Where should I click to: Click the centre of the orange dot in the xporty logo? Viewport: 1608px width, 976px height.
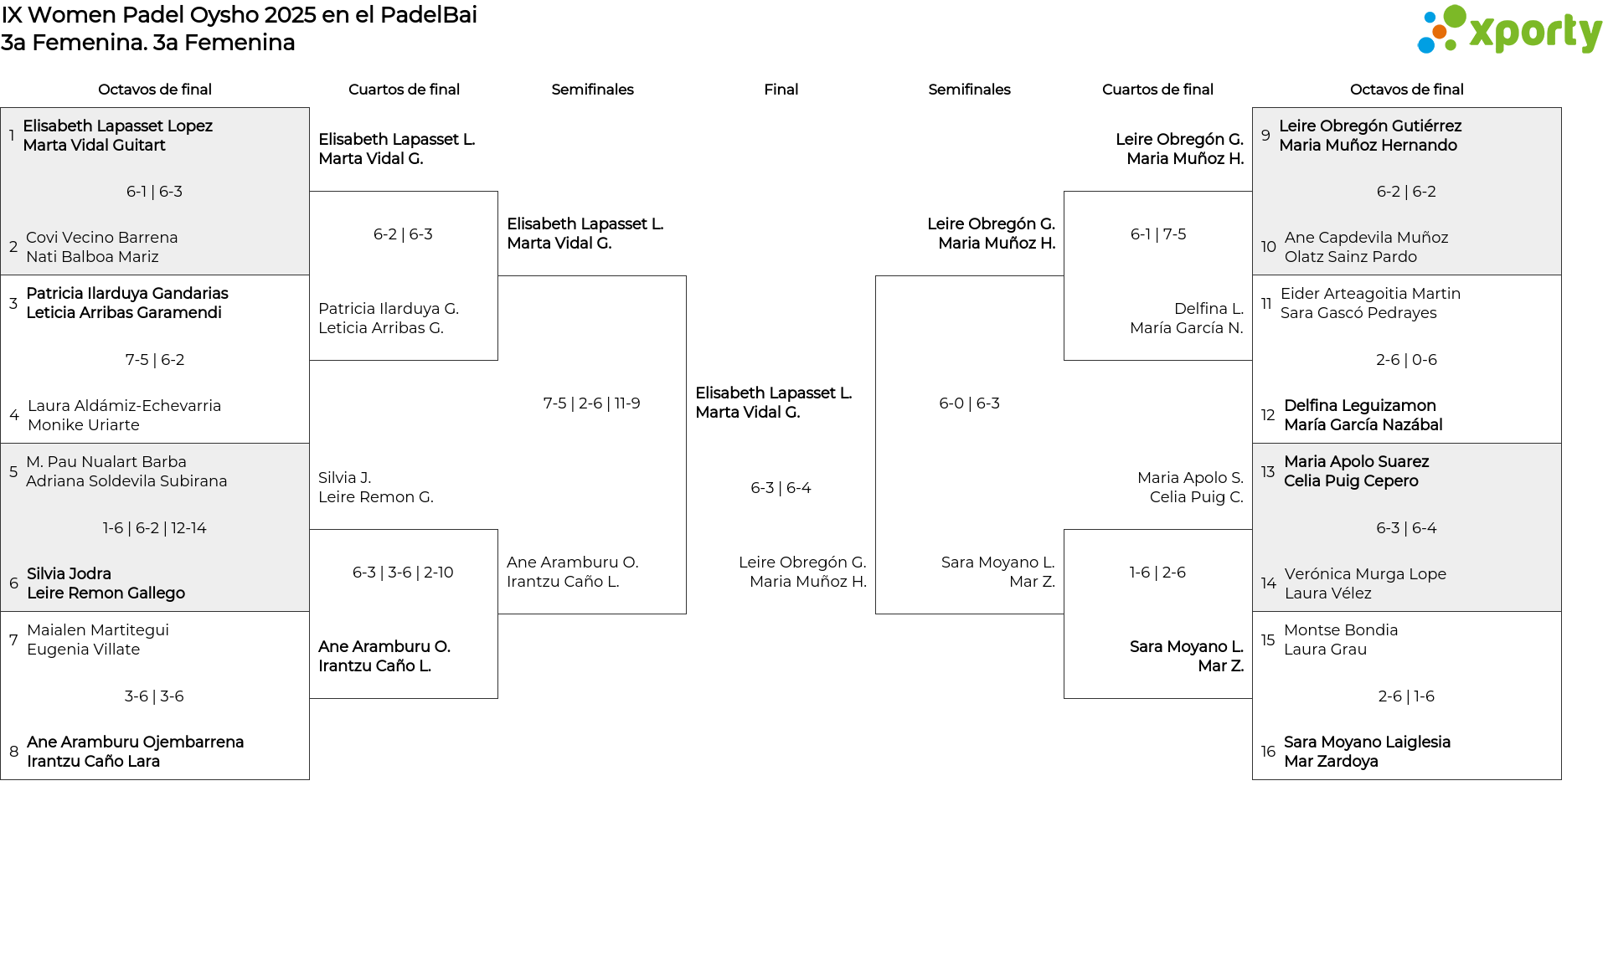pyautogui.click(x=1439, y=32)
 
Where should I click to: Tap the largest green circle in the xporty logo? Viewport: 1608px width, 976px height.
pyautogui.click(x=1455, y=17)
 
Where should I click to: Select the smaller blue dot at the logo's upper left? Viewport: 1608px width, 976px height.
pyautogui.click(x=1430, y=14)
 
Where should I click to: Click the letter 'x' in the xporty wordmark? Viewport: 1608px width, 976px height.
pyautogui.click(x=1481, y=33)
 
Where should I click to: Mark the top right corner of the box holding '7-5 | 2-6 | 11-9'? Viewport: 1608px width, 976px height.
pyautogui.click(x=686, y=276)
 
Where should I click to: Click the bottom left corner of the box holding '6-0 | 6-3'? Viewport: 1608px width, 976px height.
pyautogui.click(x=876, y=614)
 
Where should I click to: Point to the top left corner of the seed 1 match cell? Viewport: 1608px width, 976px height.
pyautogui.click(x=1, y=108)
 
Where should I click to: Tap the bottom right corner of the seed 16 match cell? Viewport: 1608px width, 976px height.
pyautogui.click(x=1561, y=779)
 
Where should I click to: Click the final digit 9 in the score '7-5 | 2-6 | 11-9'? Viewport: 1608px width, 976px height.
pyautogui.click(x=636, y=403)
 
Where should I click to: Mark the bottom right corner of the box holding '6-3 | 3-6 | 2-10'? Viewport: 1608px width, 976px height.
pyautogui.click(x=497, y=698)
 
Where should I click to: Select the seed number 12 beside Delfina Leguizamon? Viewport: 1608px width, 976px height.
pyautogui.click(x=1268, y=415)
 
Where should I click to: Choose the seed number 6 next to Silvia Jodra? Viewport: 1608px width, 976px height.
pyautogui.click(x=13, y=583)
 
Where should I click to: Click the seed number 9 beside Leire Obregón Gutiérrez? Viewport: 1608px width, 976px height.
pyautogui.click(x=1265, y=136)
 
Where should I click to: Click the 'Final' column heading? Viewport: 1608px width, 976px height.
pyautogui.click(x=781, y=90)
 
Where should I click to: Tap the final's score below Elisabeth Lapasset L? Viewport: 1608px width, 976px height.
pyautogui.click(x=781, y=488)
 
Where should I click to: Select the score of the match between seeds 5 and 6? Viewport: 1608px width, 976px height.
pyautogui.click(x=155, y=528)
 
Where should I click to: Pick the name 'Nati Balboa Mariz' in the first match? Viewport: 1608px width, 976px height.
pyautogui.click(x=92, y=257)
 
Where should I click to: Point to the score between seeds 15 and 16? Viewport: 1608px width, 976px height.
pyautogui.click(x=1406, y=696)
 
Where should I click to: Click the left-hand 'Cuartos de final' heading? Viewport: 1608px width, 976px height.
pyautogui.click(x=404, y=90)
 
